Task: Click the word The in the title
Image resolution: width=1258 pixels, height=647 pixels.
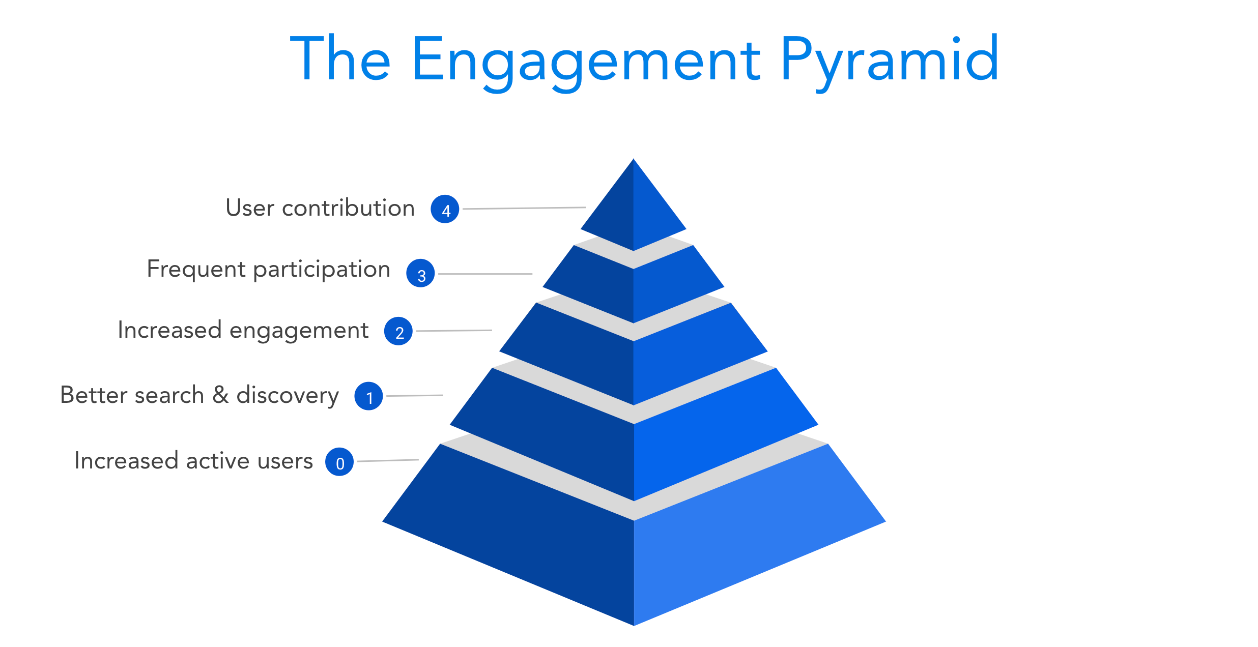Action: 340,58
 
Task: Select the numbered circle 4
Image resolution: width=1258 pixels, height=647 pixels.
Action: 445,209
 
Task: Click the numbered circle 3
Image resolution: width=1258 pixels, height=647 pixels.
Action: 420,273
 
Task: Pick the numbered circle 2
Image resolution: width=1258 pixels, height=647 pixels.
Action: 398,331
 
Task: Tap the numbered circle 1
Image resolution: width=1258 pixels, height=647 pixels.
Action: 369,396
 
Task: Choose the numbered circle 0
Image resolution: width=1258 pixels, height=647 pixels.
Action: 339,462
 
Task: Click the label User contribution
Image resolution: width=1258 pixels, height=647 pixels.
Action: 320,208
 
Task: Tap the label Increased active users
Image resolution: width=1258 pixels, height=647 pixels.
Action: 193,461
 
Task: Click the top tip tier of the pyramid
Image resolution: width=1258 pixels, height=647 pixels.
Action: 634,214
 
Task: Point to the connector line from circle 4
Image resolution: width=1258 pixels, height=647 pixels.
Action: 524,208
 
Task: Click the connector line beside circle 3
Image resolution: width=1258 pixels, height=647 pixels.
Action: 485,274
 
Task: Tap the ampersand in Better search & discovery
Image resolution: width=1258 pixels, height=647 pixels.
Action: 220,395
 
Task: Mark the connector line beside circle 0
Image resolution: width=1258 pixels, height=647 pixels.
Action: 388,460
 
